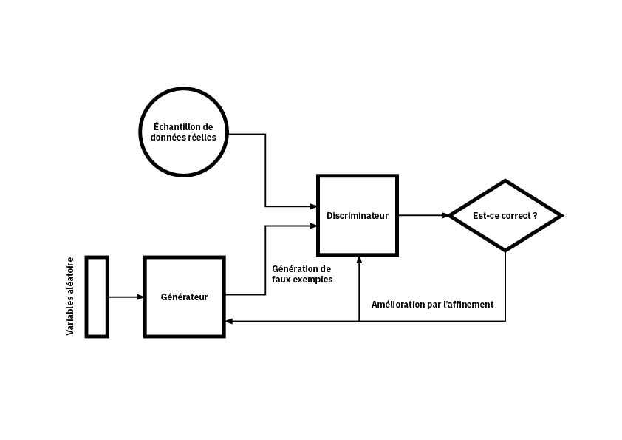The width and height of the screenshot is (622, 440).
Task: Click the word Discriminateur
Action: click(358, 216)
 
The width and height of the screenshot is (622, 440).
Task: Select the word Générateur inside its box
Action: click(184, 297)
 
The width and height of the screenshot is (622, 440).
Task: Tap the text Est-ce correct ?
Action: click(505, 216)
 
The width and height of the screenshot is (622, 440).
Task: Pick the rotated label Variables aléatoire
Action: click(71, 296)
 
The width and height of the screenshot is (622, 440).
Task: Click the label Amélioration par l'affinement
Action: click(432, 304)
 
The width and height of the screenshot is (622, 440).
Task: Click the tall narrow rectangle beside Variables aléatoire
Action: click(97, 297)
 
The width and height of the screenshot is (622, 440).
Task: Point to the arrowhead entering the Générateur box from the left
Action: click(140, 297)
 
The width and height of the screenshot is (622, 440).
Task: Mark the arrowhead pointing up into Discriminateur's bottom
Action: click(359, 260)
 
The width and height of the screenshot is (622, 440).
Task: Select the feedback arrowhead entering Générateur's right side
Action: click(230, 321)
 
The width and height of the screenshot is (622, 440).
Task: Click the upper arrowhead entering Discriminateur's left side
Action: click(312, 206)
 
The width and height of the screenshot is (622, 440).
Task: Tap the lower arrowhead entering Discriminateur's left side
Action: click(312, 226)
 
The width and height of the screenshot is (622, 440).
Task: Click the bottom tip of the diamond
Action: click(505, 251)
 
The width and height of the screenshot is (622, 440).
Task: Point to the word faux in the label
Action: click(283, 280)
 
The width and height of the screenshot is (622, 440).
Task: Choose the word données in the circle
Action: click(168, 138)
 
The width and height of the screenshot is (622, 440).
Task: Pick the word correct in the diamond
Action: click(512, 216)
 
